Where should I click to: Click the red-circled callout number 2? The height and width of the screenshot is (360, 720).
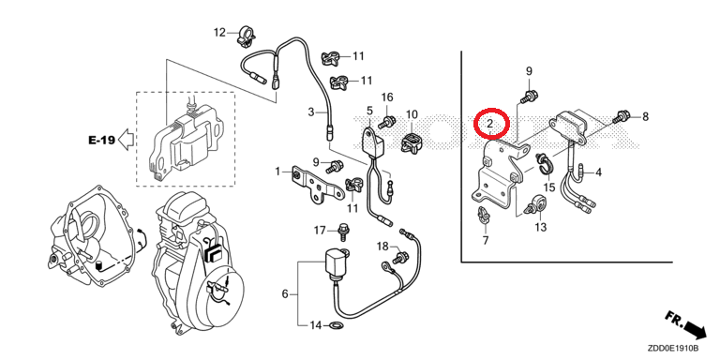coord(490,123)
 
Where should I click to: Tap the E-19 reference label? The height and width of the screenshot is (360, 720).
coord(101,140)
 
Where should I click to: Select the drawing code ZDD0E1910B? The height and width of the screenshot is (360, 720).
coord(674,348)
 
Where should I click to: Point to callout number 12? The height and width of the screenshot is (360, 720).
coord(220,32)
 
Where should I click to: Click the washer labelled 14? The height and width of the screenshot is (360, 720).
coord(335,326)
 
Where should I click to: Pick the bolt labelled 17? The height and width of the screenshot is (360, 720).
coord(342,232)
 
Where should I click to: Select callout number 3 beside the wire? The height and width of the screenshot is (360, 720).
coord(311,112)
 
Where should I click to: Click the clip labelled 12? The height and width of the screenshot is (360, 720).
coord(246,37)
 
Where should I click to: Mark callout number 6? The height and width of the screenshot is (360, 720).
coord(285,293)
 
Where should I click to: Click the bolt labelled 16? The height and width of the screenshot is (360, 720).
coord(389,121)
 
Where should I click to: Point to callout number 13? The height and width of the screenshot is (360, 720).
coord(541,227)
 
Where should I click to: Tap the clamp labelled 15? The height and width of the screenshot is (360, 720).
coord(544,163)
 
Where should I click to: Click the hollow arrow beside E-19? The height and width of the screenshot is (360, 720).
coord(127,139)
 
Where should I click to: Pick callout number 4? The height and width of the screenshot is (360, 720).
coord(598,172)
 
